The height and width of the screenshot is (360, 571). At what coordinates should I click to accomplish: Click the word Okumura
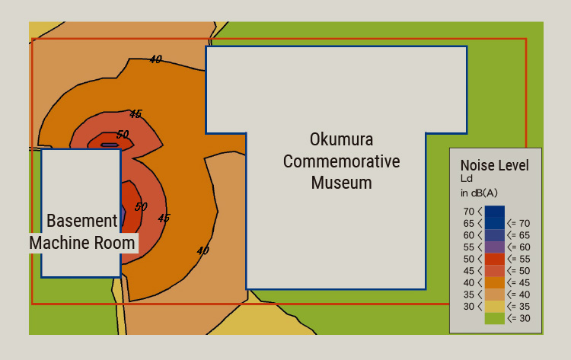(341, 140)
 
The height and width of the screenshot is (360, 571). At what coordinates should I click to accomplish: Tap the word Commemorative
(341, 161)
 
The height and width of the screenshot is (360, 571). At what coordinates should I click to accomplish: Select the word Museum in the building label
(341, 183)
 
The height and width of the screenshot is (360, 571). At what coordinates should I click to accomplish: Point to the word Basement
(82, 221)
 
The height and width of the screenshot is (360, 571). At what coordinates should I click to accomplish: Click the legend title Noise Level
(494, 165)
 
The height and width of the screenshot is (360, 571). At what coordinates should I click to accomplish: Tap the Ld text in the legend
(467, 179)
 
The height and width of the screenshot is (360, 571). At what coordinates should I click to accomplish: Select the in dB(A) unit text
(479, 193)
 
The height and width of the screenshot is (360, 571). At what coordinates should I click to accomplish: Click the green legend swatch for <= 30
(494, 318)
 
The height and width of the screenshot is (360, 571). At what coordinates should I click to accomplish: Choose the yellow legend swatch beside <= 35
(494, 307)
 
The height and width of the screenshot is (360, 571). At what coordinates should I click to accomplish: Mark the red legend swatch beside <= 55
(494, 259)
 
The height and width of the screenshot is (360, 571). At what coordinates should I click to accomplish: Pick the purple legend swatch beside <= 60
(494, 247)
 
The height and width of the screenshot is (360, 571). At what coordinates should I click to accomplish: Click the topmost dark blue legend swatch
(494, 212)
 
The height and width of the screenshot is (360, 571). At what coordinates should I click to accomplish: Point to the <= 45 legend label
(518, 282)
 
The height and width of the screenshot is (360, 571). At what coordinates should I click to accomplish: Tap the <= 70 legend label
(518, 223)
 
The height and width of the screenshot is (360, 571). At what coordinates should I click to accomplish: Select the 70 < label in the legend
(472, 212)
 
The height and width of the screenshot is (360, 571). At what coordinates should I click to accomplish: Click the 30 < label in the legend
(472, 307)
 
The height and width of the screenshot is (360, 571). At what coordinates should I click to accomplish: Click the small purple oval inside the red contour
(110, 145)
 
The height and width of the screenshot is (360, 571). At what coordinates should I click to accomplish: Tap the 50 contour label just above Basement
(141, 206)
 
